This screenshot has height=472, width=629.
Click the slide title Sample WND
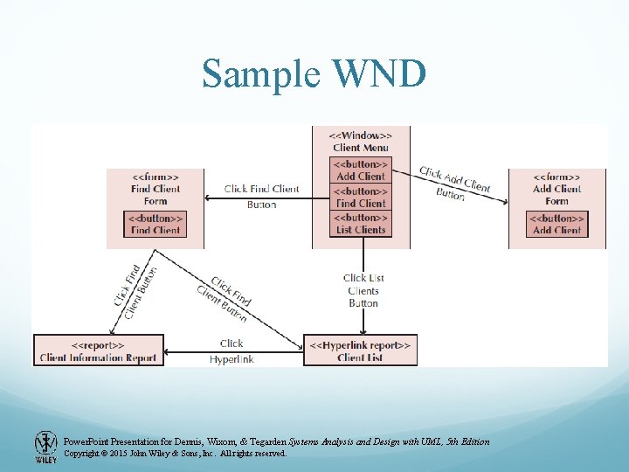tap(314, 74)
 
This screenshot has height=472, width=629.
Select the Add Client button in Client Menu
tap(361, 170)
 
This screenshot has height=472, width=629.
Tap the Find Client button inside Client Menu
tap(361, 198)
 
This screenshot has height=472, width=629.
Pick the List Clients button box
tap(361, 224)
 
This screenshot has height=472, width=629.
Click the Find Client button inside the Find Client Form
tap(156, 224)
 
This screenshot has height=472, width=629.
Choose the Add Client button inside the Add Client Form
tap(557, 224)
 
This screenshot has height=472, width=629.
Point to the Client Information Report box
tap(98, 351)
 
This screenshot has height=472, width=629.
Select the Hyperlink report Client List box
tap(361, 351)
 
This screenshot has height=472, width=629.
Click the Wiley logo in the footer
tap(45, 446)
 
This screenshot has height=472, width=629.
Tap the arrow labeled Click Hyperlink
tap(232, 352)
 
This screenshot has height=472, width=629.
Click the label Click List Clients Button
tap(363, 290)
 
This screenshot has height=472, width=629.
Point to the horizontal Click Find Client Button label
tap(261, 196)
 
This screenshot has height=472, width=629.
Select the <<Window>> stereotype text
tap(361, 135)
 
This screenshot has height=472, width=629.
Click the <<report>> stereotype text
tap(98, 345)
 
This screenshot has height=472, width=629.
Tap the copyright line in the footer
tap(175, 454)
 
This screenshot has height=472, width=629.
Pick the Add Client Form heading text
tap(557, 189)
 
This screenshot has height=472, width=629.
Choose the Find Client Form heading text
tap(156, 189)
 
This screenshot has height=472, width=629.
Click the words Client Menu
tap(361, 148)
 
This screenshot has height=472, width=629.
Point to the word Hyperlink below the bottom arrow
tap(232, 359)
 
